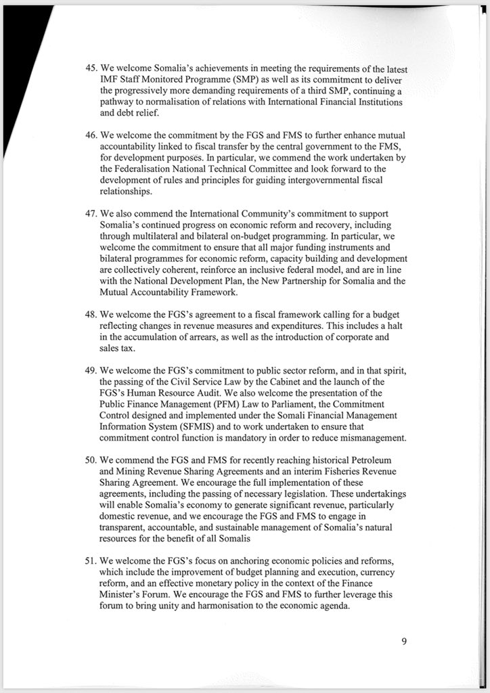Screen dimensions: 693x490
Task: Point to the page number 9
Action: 403,642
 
